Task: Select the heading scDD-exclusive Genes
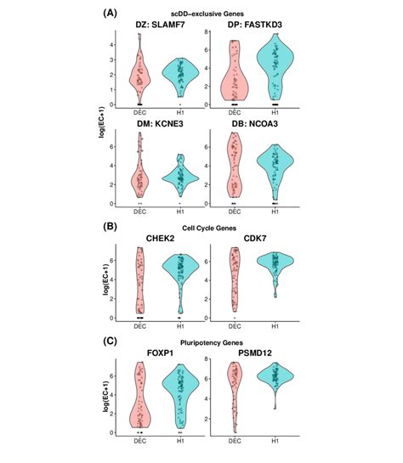click(202, 15)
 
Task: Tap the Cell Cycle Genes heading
click(202, 228)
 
